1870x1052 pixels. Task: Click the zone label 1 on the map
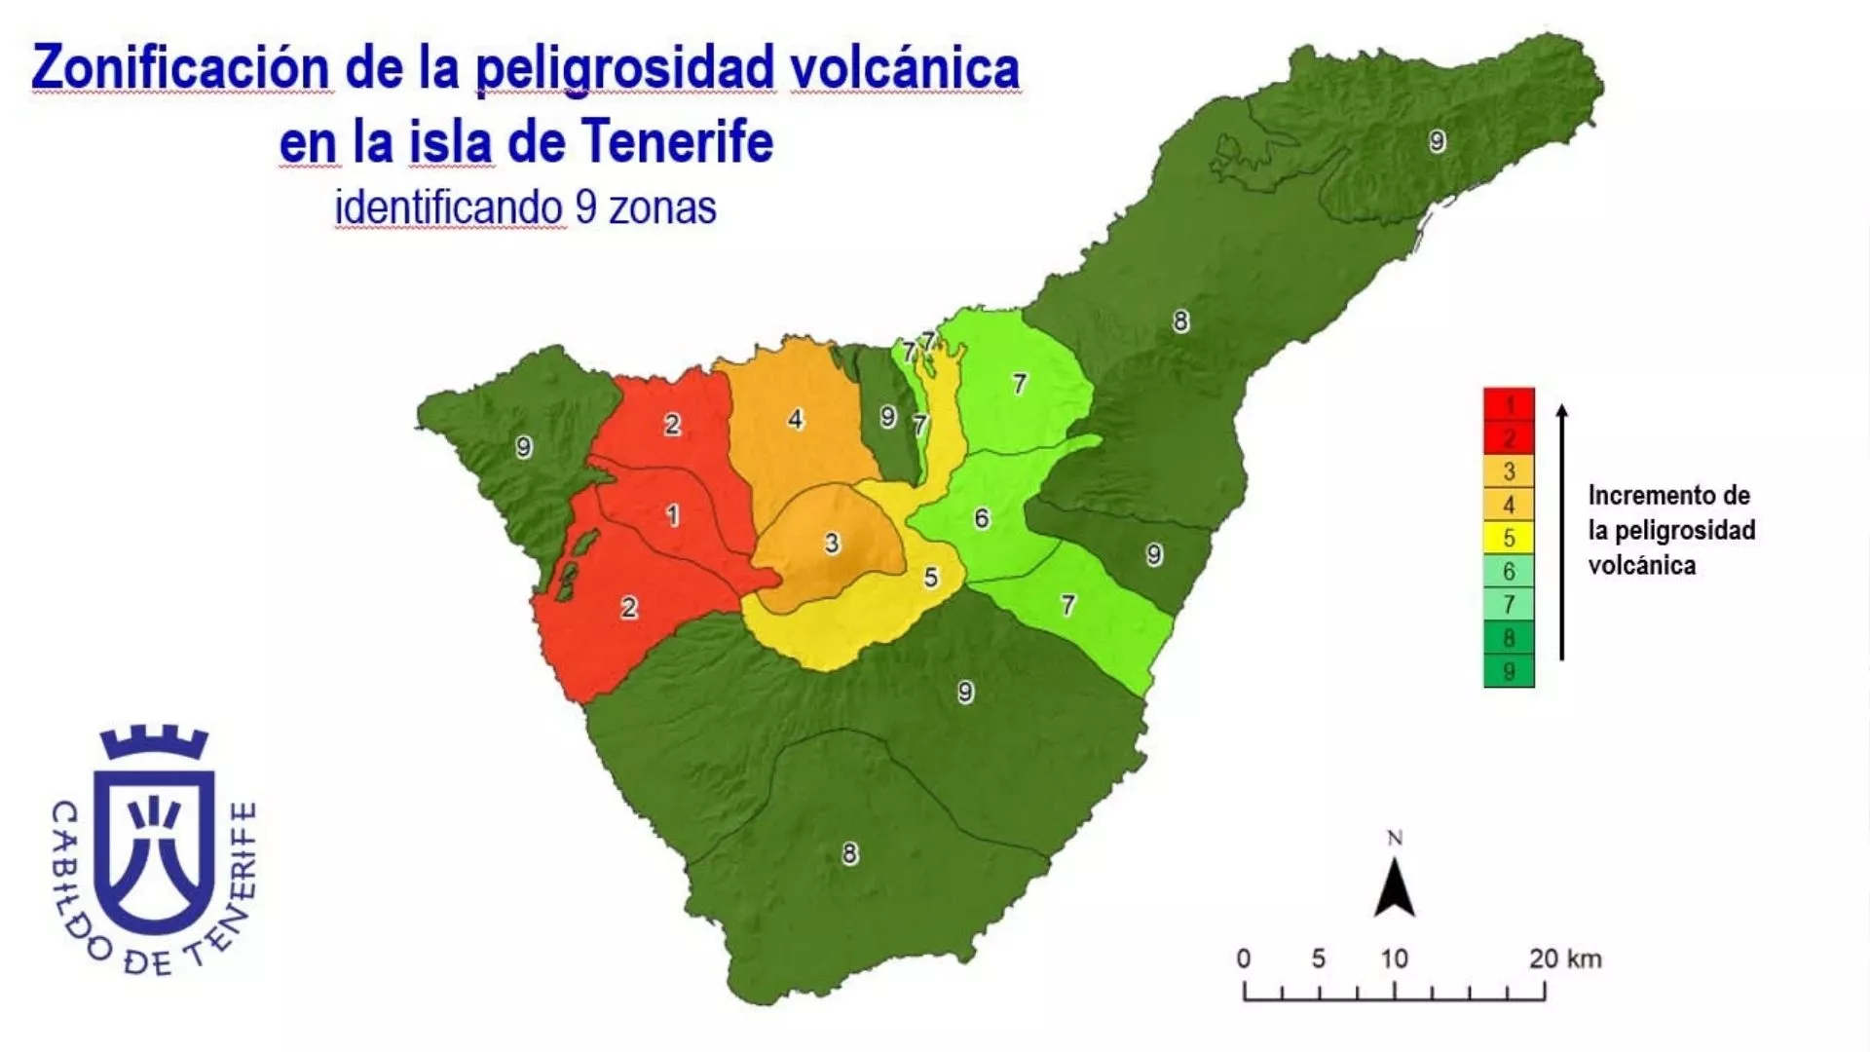click(x=672, y=514)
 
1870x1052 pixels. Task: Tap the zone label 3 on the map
click(x=832, y=544)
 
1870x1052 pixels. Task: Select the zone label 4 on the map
click(x=796, y=419)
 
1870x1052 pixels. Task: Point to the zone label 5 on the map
click(x=931, y=578)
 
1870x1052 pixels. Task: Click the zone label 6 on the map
click(x=982, y=518)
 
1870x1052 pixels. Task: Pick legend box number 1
click(x=1509, y=404)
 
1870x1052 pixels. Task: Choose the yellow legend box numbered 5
click(x=1509, y=537)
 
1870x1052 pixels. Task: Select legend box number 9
click(x=1509, y=671)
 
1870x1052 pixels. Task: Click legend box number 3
click(x=1509, y=471)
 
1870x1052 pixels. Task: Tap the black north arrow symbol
click(x=1394, y=889)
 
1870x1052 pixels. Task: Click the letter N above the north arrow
click(x=1395, y=839)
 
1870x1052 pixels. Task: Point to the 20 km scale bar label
click(x=1564, y=958)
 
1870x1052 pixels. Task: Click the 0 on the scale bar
click(x=1244, y=958)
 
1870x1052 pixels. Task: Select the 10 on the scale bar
click(x=1394, y=958)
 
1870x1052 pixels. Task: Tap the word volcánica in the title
click(x=905, y=68)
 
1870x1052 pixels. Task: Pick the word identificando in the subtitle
click(x=449, y=207)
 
